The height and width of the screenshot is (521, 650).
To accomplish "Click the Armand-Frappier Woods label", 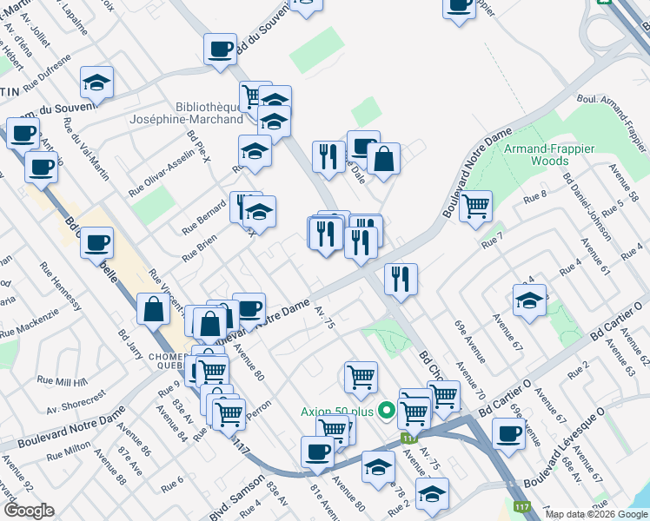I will click(x=548, y=155).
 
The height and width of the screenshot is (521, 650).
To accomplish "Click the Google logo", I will click(x=29, y=510).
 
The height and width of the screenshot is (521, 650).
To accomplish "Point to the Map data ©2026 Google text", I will click(x=595, y=514).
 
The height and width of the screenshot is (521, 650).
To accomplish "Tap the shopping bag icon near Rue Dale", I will click(x=382, y=159).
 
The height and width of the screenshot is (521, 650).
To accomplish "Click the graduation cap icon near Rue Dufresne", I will click(x=96, y=82).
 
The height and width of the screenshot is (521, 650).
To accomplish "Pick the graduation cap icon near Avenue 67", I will click(x=529, y=300).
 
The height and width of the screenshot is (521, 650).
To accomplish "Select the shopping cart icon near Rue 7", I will click(x=475, y=207).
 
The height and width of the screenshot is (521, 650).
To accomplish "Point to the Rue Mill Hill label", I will click(x=62, y=381).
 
